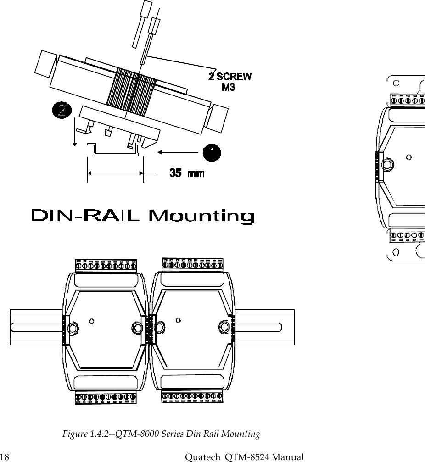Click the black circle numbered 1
pyautogui.click(x=211, y=153)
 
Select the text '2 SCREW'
pyautogui.click(x=230, y=76)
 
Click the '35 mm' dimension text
pyautogui.click(x=187, y=173)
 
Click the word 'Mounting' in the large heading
pyautogui.click(x=202, y=216)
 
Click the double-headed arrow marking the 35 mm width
pyautogui.click(x=115, y=173)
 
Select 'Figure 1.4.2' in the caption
pyautogui.click(x=84, y=434)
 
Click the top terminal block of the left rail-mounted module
pyautogui.click(x=106, y=266)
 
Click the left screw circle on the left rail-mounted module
pyautogui.click(x=73, y=328)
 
